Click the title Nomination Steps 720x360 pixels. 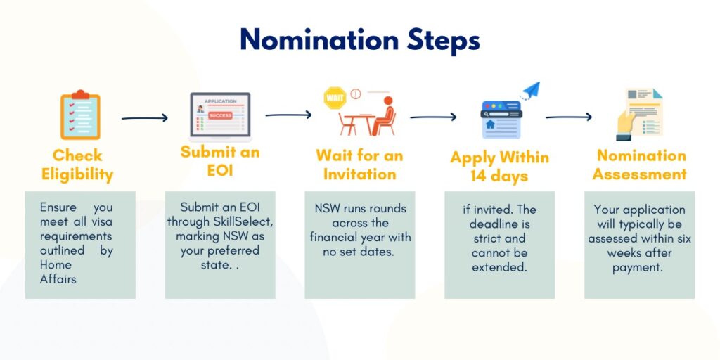359,40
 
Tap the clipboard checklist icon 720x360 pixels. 79,117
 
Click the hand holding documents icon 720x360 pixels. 639,115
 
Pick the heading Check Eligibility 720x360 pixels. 77,165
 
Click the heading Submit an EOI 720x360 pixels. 219,162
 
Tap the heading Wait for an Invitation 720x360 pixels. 359,165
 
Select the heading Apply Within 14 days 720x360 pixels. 499,167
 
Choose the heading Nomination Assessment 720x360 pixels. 639,165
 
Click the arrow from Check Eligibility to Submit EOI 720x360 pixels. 145,118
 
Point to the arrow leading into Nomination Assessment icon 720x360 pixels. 569,117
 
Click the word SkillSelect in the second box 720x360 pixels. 243,221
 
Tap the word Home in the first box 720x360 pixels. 56,265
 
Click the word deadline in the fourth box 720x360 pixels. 499,224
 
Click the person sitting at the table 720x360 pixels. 383,117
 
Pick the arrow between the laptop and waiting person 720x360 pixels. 288,115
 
